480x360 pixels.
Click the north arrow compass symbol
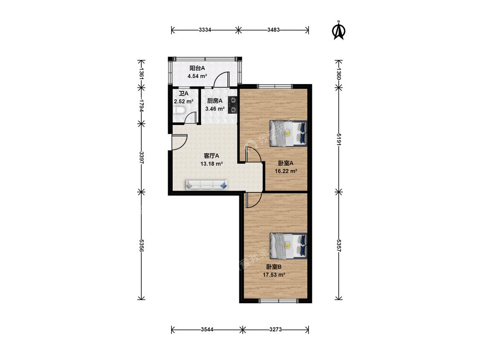pos(339,30)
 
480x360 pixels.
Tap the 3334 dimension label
pos(205,30)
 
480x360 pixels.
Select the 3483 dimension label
pos(273,30)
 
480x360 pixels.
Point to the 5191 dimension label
pos(339,139)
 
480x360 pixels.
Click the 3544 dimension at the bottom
pos(207,330)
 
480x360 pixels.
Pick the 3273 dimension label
pos(276,330)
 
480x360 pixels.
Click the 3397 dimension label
pos(141,157)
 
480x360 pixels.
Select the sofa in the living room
pos(207,185)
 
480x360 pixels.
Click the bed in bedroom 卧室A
pos(288,133)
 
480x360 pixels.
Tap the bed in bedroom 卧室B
pos(288,246)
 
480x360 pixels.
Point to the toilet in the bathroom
pos(178,110)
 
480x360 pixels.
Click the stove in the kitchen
pos(233,105)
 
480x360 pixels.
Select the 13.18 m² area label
pos(212,164)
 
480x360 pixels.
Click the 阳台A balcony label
pos(197,68)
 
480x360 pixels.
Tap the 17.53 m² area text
pos(274,275)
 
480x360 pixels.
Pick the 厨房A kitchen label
pos(215,101)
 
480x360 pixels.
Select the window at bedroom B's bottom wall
pos(278,301)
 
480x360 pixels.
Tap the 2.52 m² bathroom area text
pos(183,102)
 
